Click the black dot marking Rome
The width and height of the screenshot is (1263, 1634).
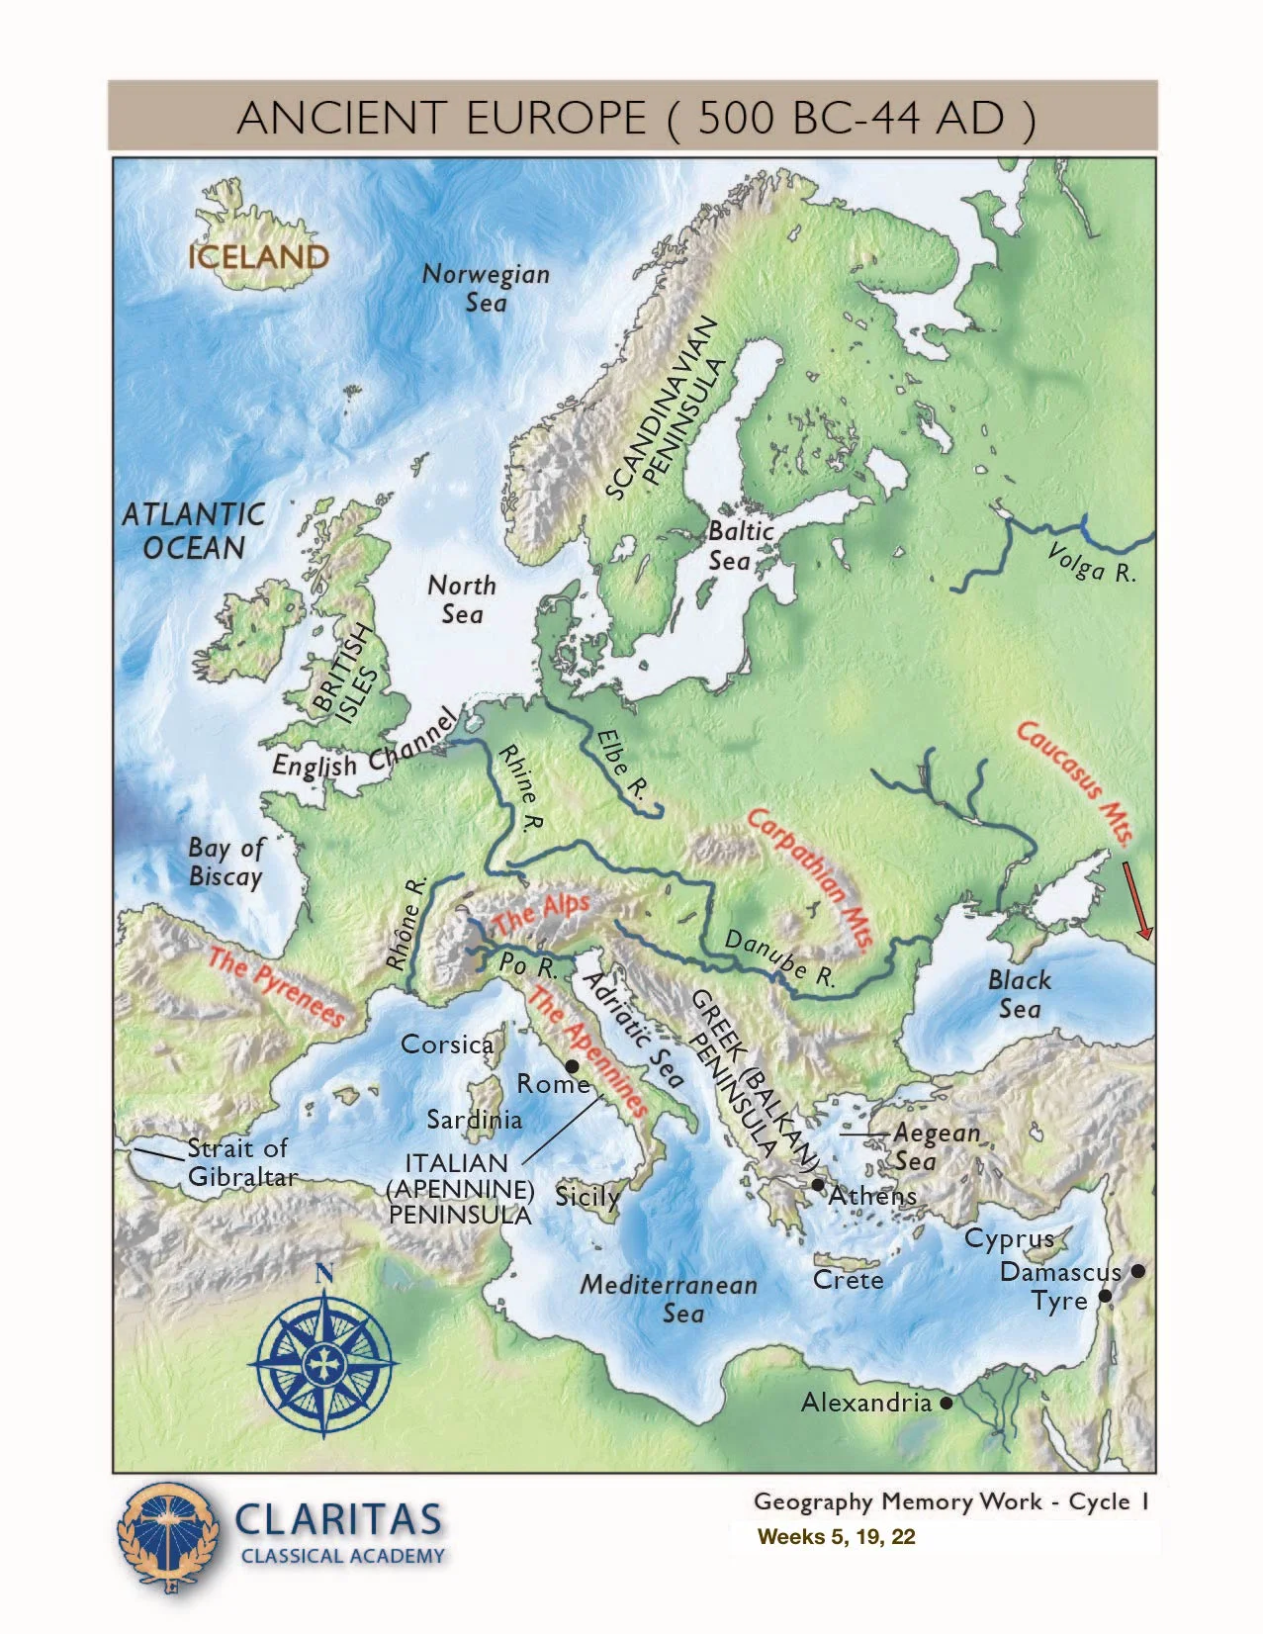[x=572, y=1067]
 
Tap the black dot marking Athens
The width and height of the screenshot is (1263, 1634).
[x=818, y=1184]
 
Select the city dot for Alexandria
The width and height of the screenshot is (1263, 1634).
[x=947, y=1403]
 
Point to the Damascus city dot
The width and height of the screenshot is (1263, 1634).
[x=1138, y=1271]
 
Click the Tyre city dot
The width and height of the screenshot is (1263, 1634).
[x=1105, y=1296]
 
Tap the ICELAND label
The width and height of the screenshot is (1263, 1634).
[x=258, y=257]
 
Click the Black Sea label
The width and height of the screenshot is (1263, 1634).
[x=1019, y=994]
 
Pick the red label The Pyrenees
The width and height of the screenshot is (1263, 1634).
[x=277, y=987]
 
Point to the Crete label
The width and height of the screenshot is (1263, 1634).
[x=848, y=1280]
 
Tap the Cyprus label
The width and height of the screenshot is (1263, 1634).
[x=1009, y=1238]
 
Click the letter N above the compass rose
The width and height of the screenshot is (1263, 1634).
[x=322, y=1274]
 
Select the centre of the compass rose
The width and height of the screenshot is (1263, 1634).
[x=322, y=1364]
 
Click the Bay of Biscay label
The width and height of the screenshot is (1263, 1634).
[x=226, y=862]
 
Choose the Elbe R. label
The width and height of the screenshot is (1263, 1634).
[x=621, y=765]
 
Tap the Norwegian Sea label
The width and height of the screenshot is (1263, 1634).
[x=486, y=288]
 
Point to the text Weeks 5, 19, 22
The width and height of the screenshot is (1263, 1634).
[x=836, y=1536]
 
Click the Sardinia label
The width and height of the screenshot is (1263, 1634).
[x=474, y=1120]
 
